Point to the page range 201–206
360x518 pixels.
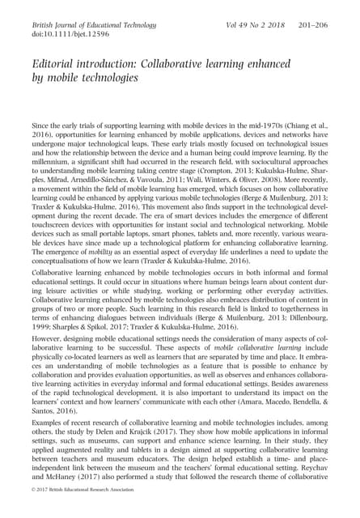[314, 26]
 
